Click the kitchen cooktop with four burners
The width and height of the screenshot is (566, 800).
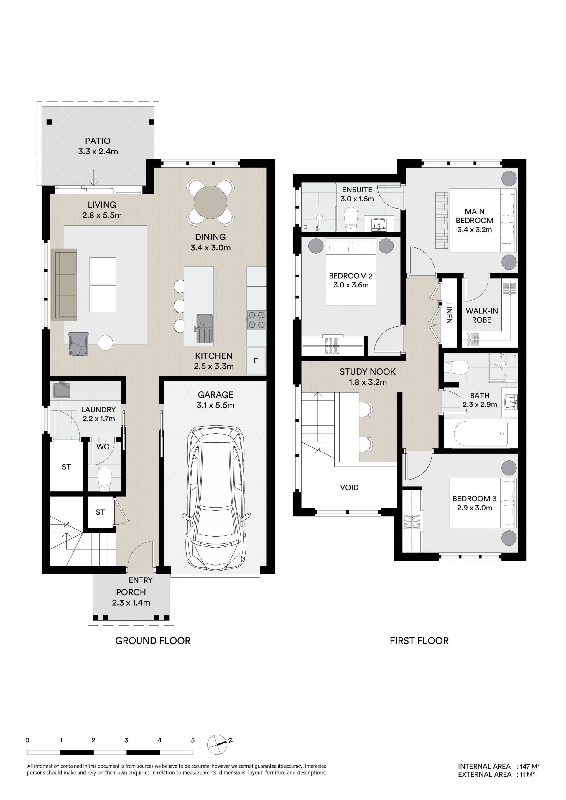click(x=256, y=320)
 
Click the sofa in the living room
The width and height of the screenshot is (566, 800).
click(x=64, y=284)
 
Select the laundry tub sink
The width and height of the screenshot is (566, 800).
click(x=61, y=390)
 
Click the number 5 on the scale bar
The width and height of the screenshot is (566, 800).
click(x=193, y=740)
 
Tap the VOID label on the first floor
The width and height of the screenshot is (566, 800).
click(x=349, y=487)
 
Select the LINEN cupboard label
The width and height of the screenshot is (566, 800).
click(x=449, y=313)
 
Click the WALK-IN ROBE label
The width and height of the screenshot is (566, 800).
click(x=482, y=315)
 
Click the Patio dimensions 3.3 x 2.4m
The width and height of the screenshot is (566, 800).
click(x=98, y=152)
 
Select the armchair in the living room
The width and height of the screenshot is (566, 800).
click(x=78, y=343)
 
